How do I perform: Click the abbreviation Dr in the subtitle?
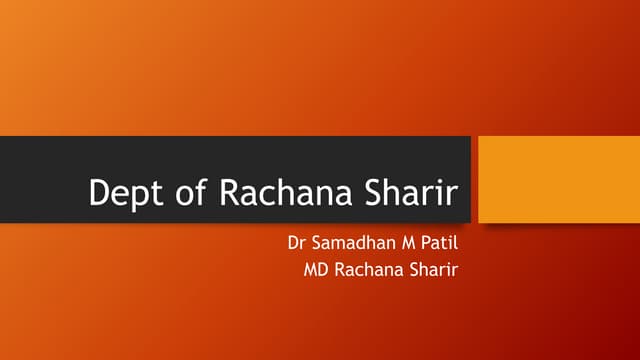click(297, 243)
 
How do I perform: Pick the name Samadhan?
click(351, 243)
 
